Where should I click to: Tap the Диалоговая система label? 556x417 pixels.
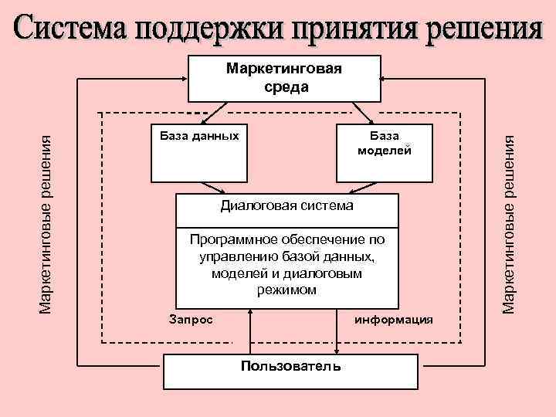287,205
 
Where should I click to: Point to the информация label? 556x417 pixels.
394,320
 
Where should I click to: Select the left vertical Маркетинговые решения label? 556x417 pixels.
46,224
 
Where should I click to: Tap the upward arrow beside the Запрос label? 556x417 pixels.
250,331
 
